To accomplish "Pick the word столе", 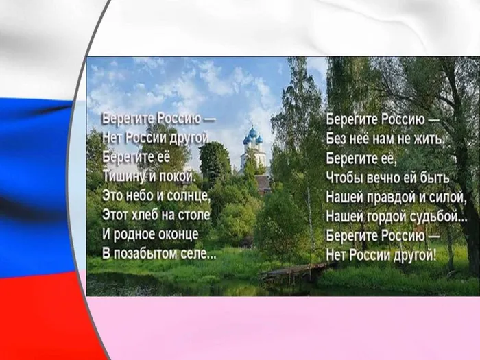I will pos(194,215).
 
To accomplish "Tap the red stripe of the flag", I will pos(41,315).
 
